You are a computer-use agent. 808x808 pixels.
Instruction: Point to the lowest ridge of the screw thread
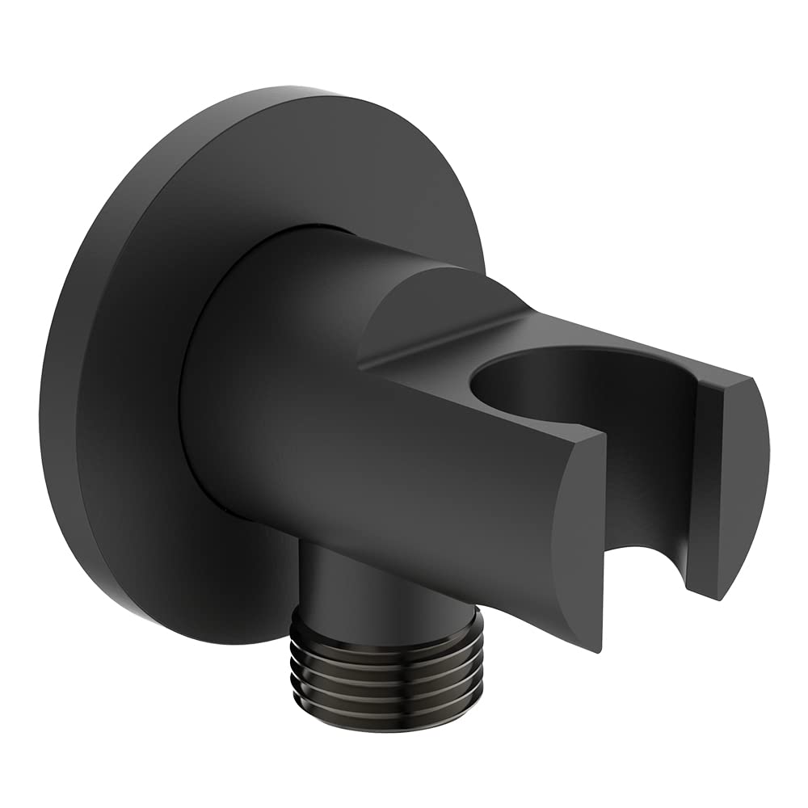[x=386, y=711]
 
